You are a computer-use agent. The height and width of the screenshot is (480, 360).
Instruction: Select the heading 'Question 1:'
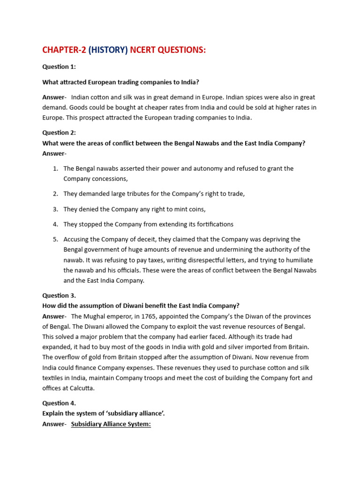click(59, 67)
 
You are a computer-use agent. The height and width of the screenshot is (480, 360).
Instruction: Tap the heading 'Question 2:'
click(59, 133)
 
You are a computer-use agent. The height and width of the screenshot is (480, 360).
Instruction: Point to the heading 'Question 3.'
click(59, 295)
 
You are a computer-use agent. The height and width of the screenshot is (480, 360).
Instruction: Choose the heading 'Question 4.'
click(59, 403)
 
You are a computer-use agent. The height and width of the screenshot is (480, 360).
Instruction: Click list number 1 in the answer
click(55, 168)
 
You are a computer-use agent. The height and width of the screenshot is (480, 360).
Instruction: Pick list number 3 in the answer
click(55, 209)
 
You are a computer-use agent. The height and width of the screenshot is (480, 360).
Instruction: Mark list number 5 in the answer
click(55, 239)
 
